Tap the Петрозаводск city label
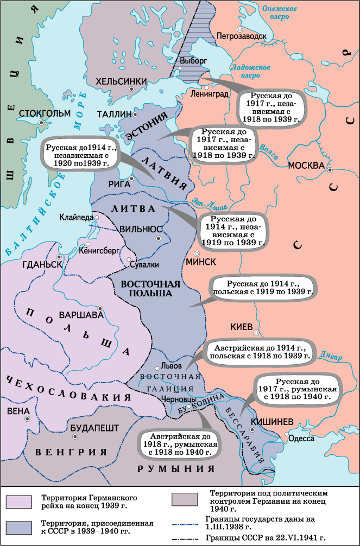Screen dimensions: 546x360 click(x=241, y=37)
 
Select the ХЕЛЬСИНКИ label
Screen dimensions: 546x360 click(x=121, y=81)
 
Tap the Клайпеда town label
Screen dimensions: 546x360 click(x=77, y=216)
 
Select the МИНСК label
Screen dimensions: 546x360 click(x=201, y=262)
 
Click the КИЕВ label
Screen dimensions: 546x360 click(x=242, y=327)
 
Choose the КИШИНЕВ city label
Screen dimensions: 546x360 click(x=272, y=422)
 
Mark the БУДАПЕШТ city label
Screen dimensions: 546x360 click(x=94, y=428)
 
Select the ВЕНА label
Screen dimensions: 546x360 click(x=18, y=411)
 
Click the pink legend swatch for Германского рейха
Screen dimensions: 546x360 click(x=20, y=501)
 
